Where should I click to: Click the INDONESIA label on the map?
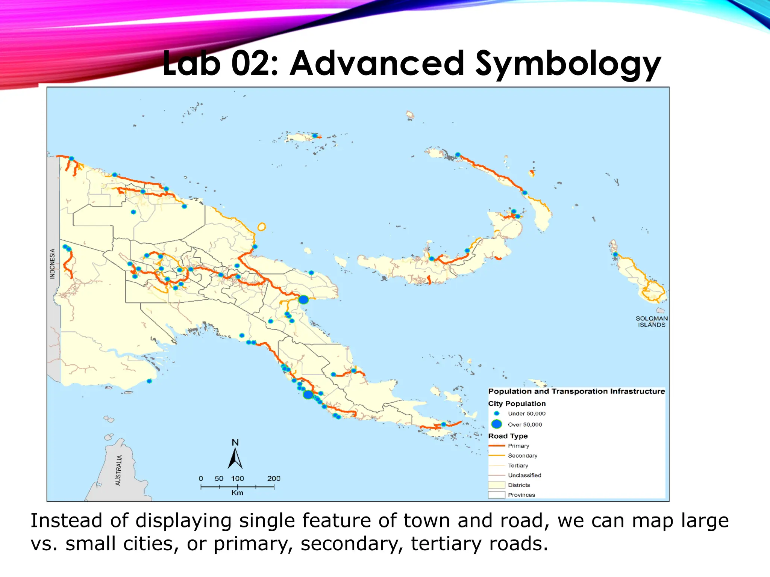pos(52,263)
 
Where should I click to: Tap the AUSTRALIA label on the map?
pos(118,470)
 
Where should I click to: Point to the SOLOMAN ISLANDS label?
pos(652,322)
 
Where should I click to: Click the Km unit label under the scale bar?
pos(237,493)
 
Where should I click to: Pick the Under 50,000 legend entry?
pos(526,414)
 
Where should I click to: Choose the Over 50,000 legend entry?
pos(525,424)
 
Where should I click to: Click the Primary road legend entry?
pos(518,446)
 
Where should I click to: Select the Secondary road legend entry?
pos(523,456)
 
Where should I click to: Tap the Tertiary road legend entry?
pos(518,465)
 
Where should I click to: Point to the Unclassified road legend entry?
pos(524,475)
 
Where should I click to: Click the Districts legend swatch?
pos(496,485)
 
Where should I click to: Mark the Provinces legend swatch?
pos(496,495)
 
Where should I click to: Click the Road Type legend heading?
pos(508,436)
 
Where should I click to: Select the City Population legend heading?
pos(517,403)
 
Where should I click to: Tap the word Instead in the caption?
pos(66,521)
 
